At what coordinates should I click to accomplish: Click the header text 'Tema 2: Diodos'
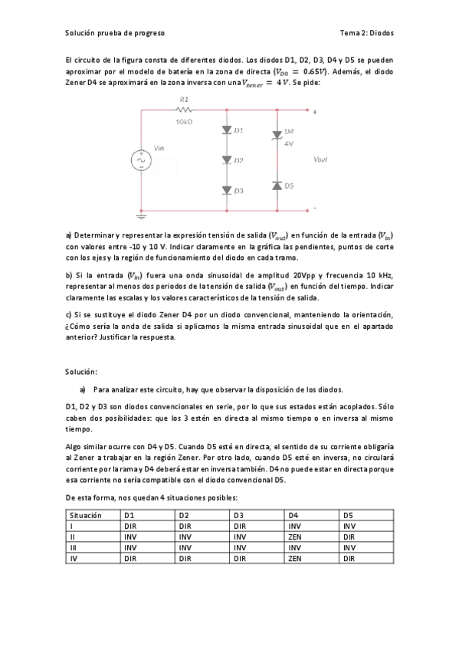tap(366, 33)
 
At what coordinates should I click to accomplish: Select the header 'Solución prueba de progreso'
tap(115, 33)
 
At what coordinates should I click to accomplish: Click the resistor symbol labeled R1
tap(183, 110)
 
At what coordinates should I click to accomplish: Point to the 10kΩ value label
tap(184, 121)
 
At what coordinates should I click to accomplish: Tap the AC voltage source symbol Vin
tap(142, 160)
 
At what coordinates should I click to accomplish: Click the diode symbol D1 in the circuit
tap(227, 131)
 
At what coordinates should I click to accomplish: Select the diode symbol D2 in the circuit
tap(227, 160)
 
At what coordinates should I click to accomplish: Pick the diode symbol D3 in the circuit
tap(227, 189)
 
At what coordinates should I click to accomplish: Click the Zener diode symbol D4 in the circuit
tap(277, 136)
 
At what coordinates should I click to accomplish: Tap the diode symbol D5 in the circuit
tap(277, 185)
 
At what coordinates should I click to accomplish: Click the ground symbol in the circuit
tap(142, 215)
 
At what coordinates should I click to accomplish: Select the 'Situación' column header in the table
tap(86, 515)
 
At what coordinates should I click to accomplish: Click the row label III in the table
tap(73, 548)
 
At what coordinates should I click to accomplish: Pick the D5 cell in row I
tap(349, 526)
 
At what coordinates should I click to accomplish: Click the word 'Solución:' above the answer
tap(81, 371)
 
